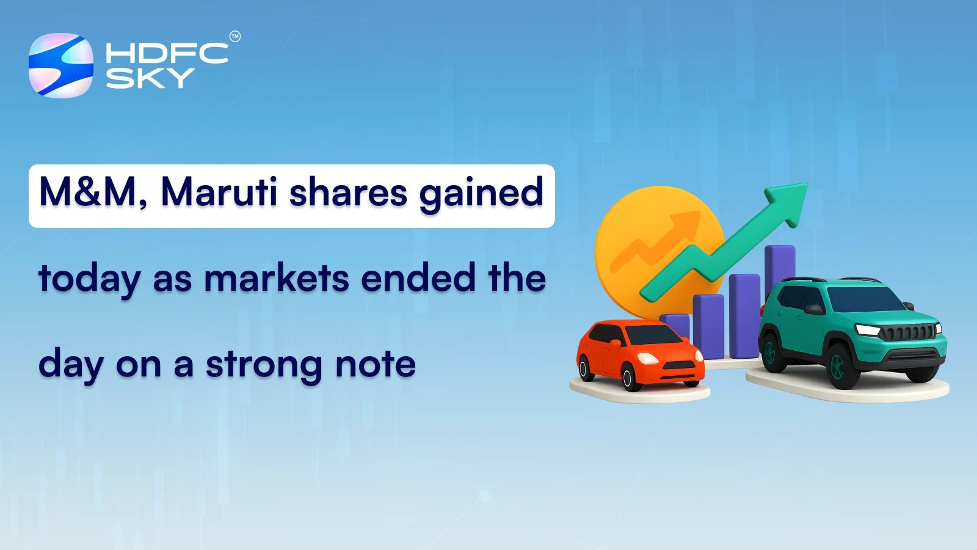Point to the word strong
click(x=264, y=365)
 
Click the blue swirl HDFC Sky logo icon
click(x=61, y=65)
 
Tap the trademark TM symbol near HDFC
click(x=234, y=37)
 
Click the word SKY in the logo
click(x=150, y=78)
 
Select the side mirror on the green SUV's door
click(x=814, y=309)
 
